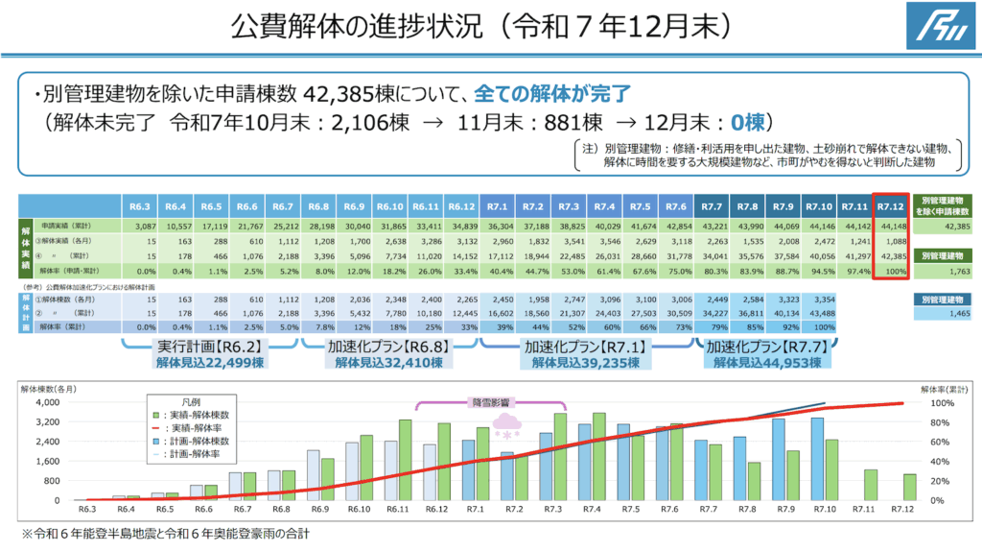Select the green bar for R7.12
[x=909, y=487]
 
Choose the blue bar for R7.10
[x=817, y=459]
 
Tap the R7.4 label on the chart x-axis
[x=593, y=509]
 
